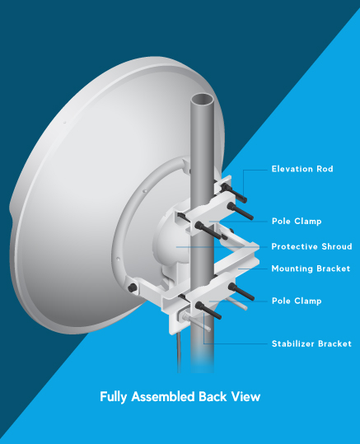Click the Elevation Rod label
pyautogui.click(x=302, y=169)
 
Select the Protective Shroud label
pyautogui.click(x=311, y=246)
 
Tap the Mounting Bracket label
pyautogui.click(x=311, y=269)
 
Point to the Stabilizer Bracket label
pyautogui.click(x=311, y=344)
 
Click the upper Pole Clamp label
pyautogui.click(x=297, y=221)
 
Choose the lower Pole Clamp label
pyautogui.click(x=297, y=301)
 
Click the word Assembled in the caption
pyautogui.click(x=163, y=396)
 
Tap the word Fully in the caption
pyautogui.click(x=113, y=397)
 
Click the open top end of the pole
pyautogui.click(x=202, y=100)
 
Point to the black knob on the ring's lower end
pyautogui.click(x=133, y=288)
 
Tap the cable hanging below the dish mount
pyautogui.click(x=179, y=353)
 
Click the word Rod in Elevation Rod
pyautogui.click(x=325, y=169)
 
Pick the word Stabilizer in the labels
pyautogui.click(x=293, y=344)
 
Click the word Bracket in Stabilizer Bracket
pyautogui.click(x=334, y=344)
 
